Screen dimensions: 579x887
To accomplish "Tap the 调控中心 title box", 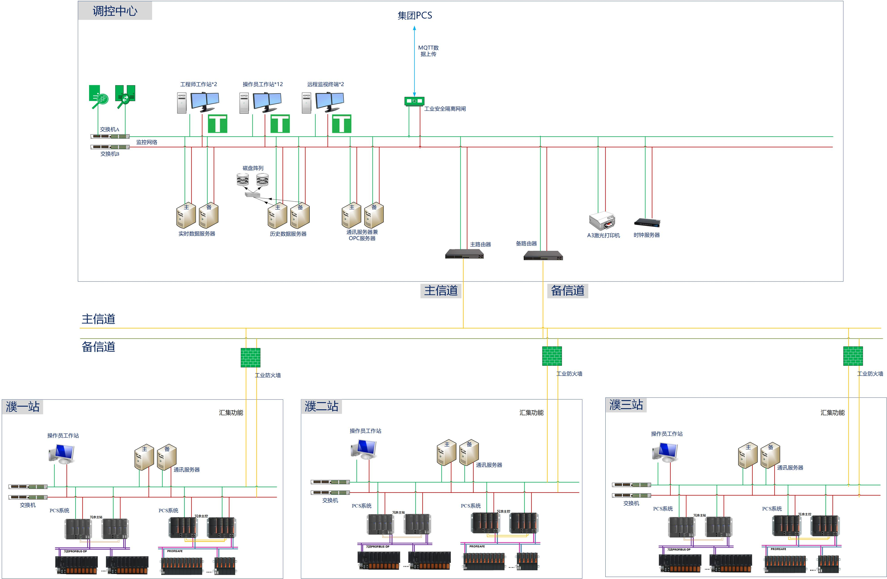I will (115, 11).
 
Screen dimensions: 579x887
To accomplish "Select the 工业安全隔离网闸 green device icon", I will (414, 101).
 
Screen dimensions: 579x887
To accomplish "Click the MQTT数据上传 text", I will (428, 51).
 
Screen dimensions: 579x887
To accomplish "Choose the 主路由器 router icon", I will (464, 254).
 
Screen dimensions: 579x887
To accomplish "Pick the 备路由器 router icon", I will (543, 256).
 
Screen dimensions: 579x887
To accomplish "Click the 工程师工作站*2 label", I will (198, 84).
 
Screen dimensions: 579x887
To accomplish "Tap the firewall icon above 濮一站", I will (251, 357).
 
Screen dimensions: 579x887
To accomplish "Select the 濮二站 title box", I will (321, 406).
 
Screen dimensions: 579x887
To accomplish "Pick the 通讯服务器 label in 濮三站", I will (790, 467).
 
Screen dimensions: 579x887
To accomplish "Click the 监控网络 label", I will (146, 142).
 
